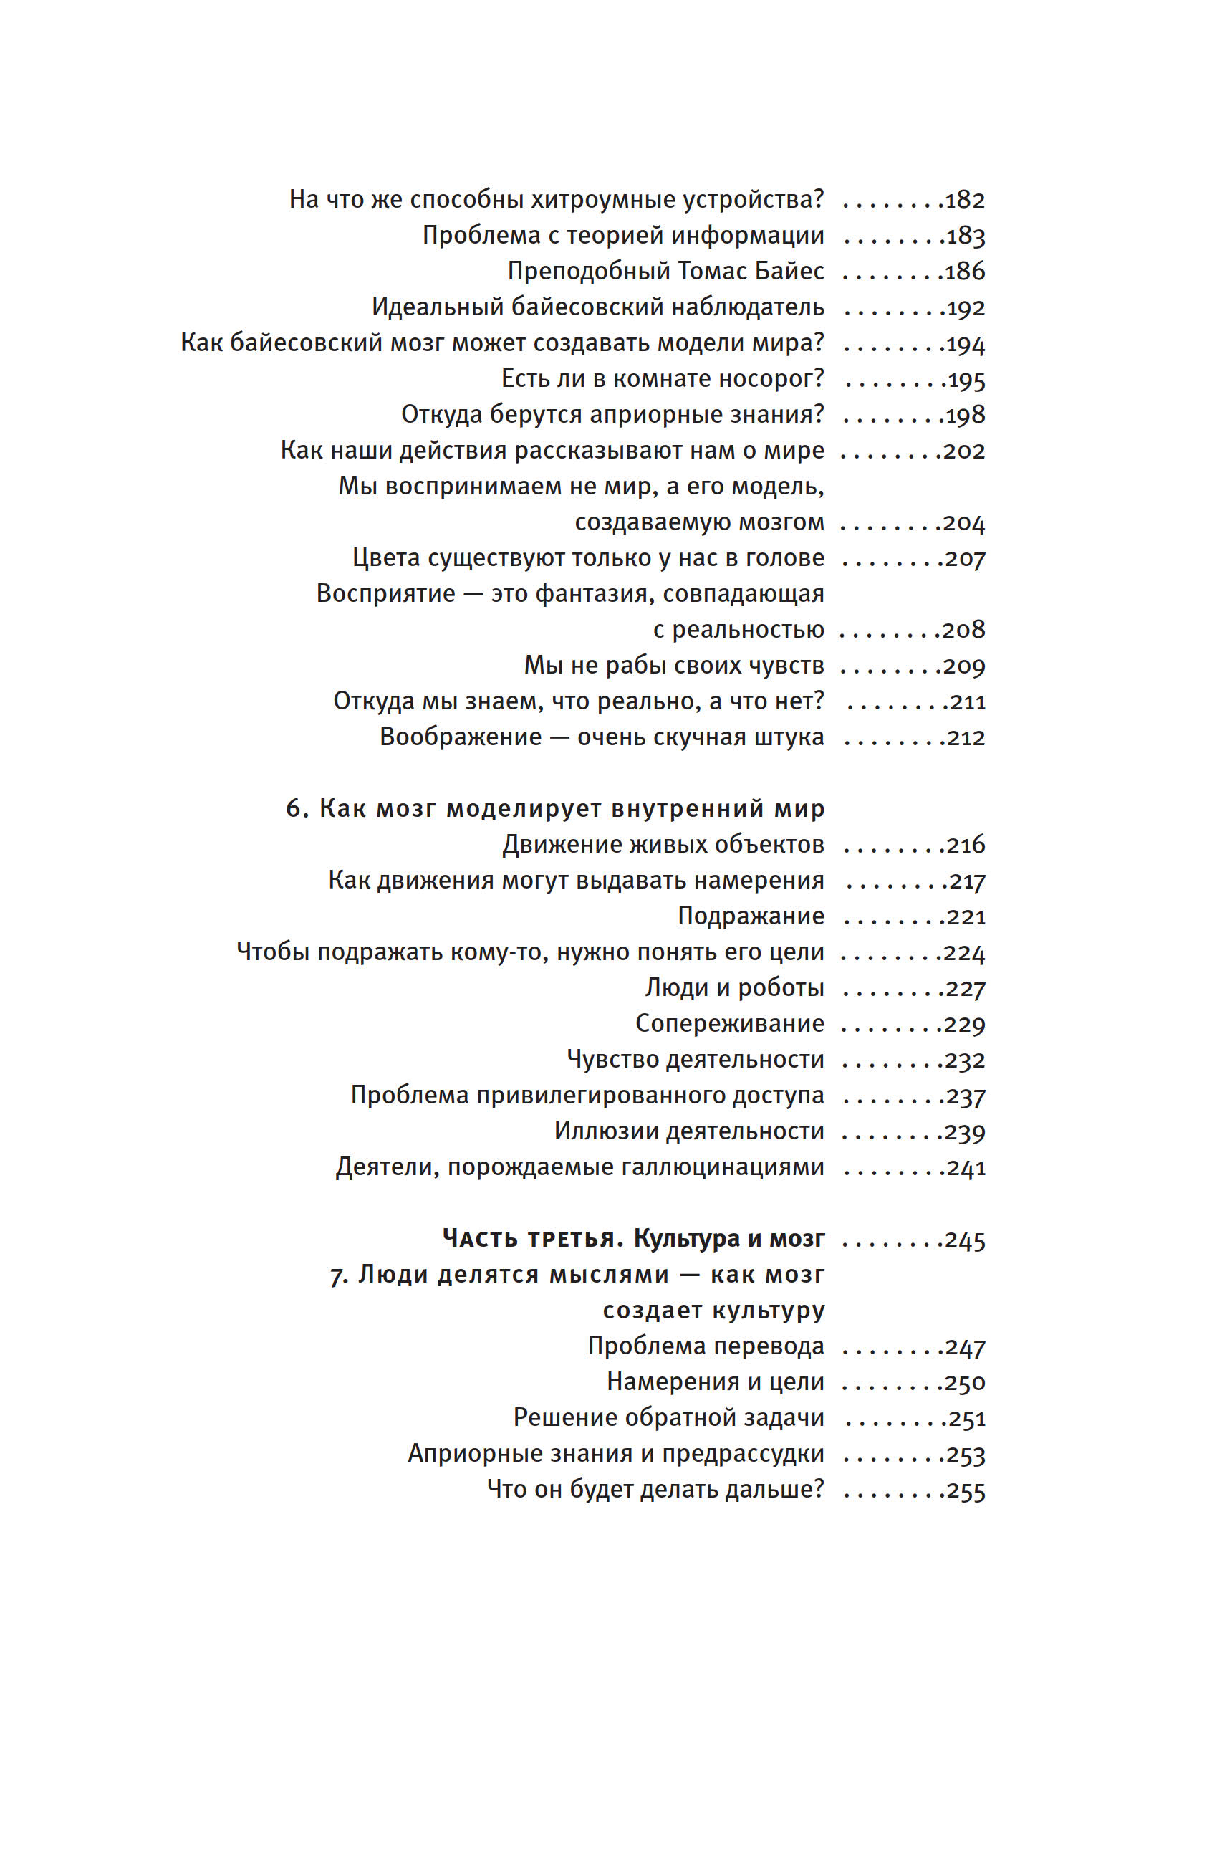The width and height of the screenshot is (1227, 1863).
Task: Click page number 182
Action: (x=965, y=201)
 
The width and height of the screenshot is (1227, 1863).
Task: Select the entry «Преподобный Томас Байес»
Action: (x=666, y=272)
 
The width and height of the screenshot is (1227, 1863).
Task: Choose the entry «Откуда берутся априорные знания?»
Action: (x=612, y=415)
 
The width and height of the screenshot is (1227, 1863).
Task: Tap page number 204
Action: (x=964, y=523)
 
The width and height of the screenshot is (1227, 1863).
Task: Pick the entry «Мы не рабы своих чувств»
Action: (x=674, y=666)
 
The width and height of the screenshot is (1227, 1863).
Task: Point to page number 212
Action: (x=966, y=737)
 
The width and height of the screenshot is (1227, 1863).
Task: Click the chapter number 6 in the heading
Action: (x=294, y=808)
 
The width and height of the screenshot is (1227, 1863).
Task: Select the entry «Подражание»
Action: (x=751, y=916)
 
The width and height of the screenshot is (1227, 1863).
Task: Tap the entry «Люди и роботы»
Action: (x=734, y=988)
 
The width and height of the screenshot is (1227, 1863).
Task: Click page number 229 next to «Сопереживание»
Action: (x=964, y=1024)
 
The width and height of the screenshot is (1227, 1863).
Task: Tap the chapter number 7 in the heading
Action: (x=338, y=1275)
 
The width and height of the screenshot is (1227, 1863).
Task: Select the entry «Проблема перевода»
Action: (x=706, y=1346)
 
